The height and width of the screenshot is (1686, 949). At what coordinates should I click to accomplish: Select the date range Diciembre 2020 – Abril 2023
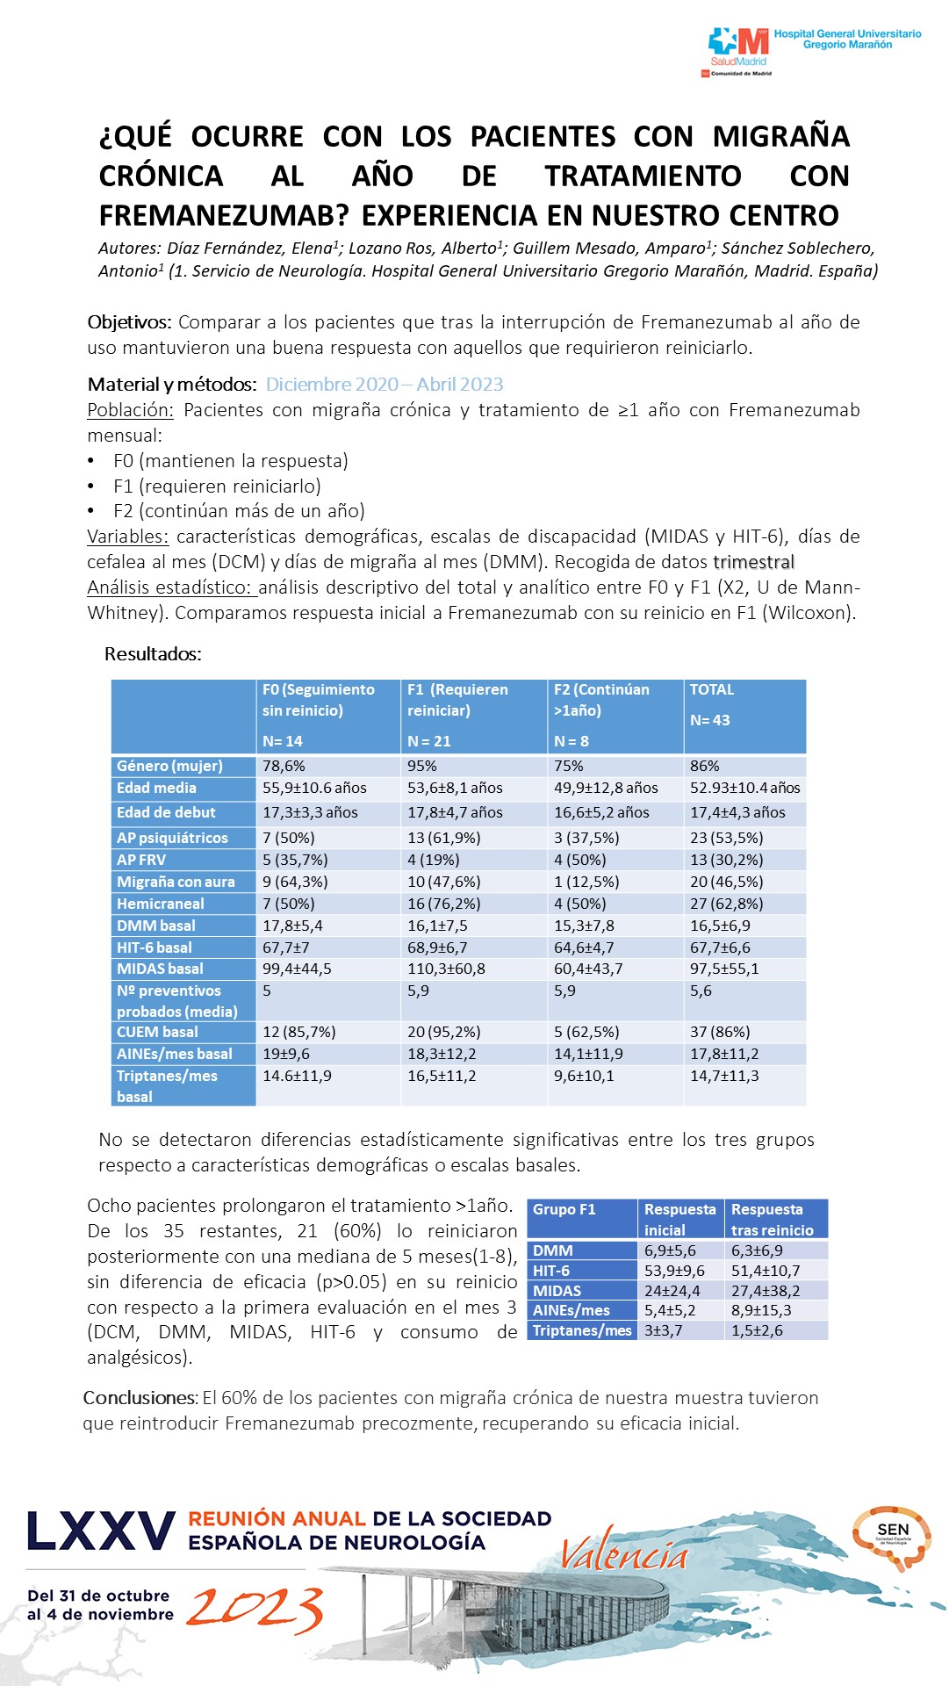point(385,385)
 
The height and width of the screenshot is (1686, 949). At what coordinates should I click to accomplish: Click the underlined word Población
point(130,410)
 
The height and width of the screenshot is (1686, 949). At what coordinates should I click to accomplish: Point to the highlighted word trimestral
point(753,562)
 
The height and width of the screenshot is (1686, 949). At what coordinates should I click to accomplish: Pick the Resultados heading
point(153,654)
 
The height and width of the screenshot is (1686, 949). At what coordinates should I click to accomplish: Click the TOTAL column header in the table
point(712,690)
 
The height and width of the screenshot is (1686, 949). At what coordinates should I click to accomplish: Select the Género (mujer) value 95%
point(422,767)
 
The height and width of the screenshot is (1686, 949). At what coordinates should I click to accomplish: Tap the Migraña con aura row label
point(176,882)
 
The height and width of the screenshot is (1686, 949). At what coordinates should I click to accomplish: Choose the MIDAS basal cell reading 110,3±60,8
point(446,969)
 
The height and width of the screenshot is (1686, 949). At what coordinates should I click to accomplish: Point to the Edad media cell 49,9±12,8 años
point(606,789)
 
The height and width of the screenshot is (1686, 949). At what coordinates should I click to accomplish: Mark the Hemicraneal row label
point(160,904)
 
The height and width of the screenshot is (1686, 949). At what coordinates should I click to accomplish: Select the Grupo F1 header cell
point(564,1210)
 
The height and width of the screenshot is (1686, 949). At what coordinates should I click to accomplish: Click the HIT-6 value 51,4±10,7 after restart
point(766,1271)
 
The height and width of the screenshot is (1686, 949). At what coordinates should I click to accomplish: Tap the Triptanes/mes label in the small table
point(582,1330)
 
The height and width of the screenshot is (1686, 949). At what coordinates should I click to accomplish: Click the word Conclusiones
point(140,1398)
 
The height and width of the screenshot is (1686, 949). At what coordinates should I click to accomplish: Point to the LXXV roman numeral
point(101,1532)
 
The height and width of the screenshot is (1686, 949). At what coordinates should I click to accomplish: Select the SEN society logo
point(891,1538)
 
